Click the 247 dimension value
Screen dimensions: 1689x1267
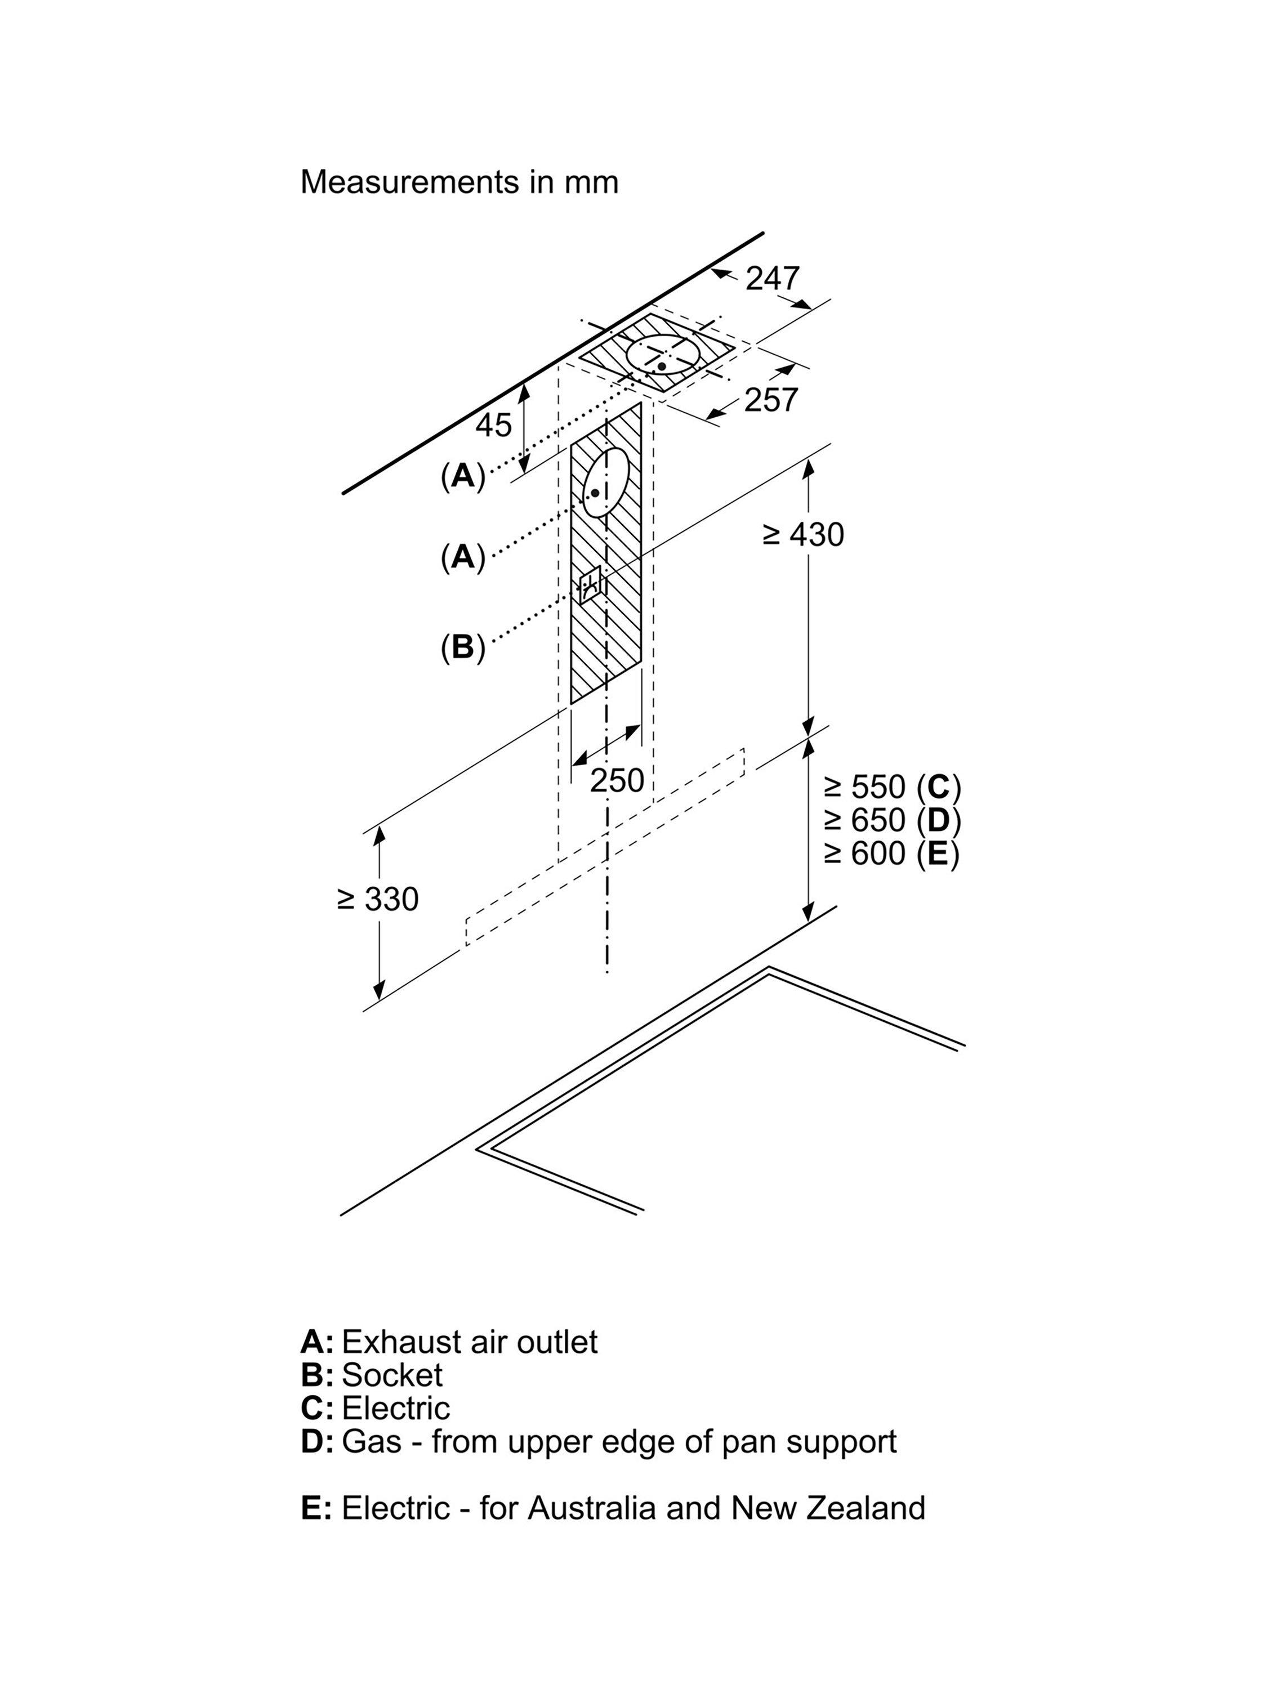tap(772, 278)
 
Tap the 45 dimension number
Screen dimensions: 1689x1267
tap(493, 425)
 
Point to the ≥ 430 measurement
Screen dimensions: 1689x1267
tap(804, 534)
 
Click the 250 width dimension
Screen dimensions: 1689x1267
tap(616, 780)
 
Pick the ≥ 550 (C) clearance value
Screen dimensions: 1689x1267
tap(891, 787)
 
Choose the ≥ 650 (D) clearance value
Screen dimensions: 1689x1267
tap(891, 820)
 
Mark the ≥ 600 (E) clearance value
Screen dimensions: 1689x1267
tap(891, 854)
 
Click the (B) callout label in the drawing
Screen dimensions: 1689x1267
tap(463, 647)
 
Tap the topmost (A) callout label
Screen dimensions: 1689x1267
tap(463, 476)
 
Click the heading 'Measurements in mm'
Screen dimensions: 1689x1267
tap(459, 182)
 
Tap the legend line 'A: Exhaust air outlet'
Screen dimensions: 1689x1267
tap(449, 1342)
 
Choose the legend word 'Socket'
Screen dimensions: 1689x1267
tap(392, 1375)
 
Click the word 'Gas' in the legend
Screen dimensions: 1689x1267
tap(371, 1442)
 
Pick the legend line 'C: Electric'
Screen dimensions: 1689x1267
tap(375, 1408)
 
